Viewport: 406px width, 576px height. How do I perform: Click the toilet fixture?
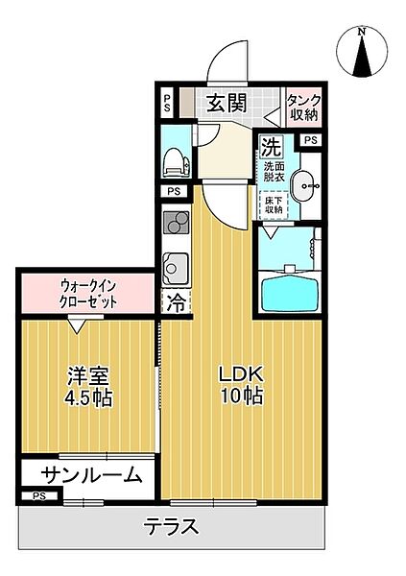[175, 162]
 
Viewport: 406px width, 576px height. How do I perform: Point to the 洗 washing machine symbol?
[272, 148]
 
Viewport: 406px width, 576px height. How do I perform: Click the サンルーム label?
[92, 474]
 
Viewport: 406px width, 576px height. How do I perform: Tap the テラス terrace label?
[172, 526]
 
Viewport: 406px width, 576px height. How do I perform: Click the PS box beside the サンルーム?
[38, 495]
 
